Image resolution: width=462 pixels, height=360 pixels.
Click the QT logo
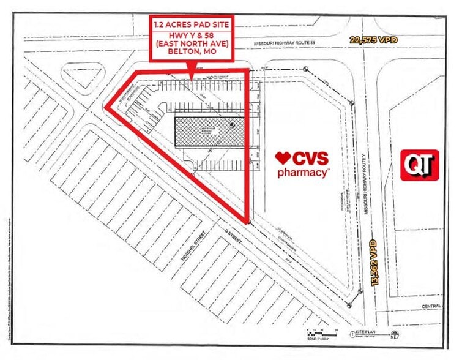[x=419, y=165]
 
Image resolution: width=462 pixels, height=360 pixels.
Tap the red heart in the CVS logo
[x=282, y=158]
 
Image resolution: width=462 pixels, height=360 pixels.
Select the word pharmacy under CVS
[x=304, y=173]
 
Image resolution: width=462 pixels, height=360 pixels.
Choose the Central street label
[x=428, y=304]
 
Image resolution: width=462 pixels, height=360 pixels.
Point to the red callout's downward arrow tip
[x=192, y=78]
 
